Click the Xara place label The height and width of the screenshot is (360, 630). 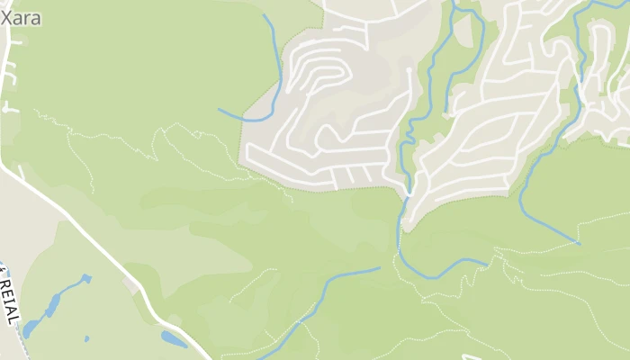[x=21, y=17]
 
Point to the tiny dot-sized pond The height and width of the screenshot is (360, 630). [x=86, y=338]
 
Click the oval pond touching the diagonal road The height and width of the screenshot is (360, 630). [x=173, y=339]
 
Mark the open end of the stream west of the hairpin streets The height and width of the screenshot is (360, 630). [x=219, y=110]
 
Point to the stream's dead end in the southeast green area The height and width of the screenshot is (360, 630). [x=578, y=243]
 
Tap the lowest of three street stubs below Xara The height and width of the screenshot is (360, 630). [x=9, y=108]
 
